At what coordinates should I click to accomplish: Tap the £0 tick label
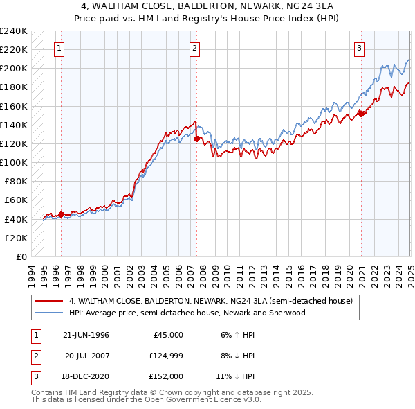pos(21,256)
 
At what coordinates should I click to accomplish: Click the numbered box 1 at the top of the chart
pos(59,49)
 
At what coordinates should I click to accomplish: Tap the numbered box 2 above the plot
pos(195,49)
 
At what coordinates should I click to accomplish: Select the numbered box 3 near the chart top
pos(360,49)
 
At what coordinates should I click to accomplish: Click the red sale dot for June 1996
pos(61,214)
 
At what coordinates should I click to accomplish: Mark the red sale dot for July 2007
pos(197,139)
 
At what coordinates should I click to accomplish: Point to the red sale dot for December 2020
pos(361,114)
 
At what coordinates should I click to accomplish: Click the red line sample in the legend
pos(49,302)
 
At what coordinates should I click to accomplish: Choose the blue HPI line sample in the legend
pos(49,313)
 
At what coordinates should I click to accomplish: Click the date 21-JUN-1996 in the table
pos(86,335)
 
